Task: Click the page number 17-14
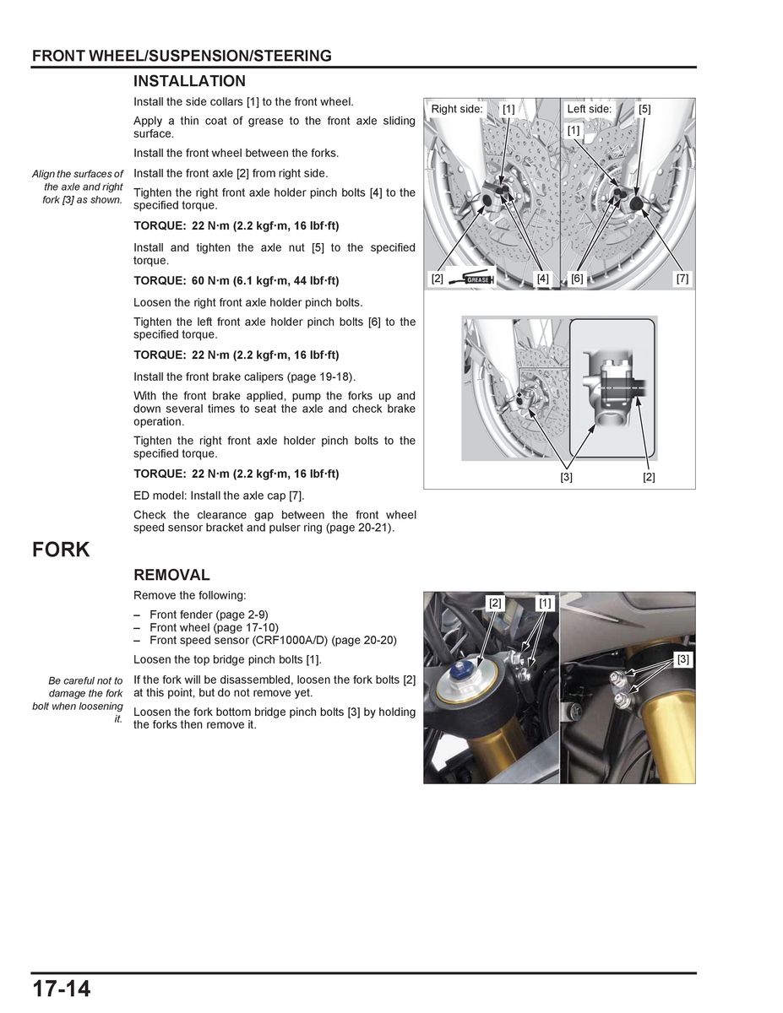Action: [62, 989]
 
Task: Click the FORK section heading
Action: [61, 550]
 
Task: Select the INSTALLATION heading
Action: [189, 81]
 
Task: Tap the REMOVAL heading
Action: [171, 575]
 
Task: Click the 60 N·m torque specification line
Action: [237, 280]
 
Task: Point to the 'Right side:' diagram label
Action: [457, 109]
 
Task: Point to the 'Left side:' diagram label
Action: [590, 109]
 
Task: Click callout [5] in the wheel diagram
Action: [644, 109]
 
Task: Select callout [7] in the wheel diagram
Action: [682, 278]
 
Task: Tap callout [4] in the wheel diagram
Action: [541, 278]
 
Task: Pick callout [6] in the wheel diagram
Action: [577, 278]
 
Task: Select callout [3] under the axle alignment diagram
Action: [566, 477]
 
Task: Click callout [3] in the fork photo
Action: [682, 658]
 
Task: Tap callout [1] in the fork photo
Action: [545, 603]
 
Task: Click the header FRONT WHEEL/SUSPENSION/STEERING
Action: [182, 57]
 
